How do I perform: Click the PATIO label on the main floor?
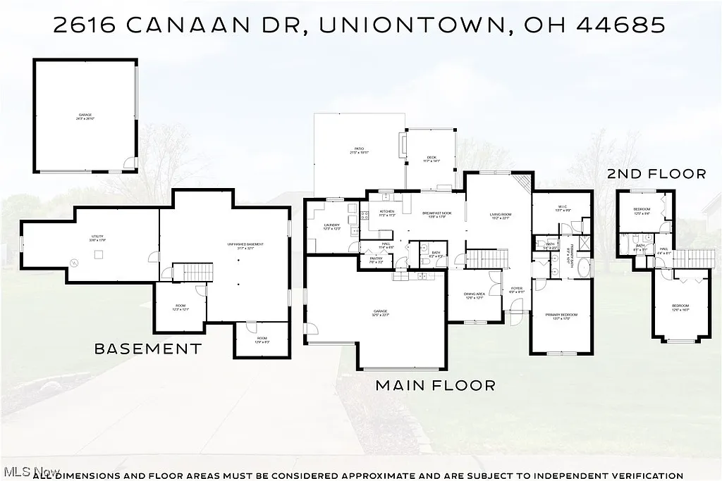(359, 150)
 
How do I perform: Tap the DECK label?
(432, 158)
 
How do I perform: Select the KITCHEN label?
(387, 213)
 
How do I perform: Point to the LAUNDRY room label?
(332, 226)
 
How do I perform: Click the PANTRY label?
(376, 260)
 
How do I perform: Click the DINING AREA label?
(474, 296)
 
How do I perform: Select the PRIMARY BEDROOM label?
(561, 316)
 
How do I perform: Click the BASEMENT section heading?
(148, 348)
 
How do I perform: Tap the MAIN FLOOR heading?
(435, 385)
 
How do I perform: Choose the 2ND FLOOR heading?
(656, 173)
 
